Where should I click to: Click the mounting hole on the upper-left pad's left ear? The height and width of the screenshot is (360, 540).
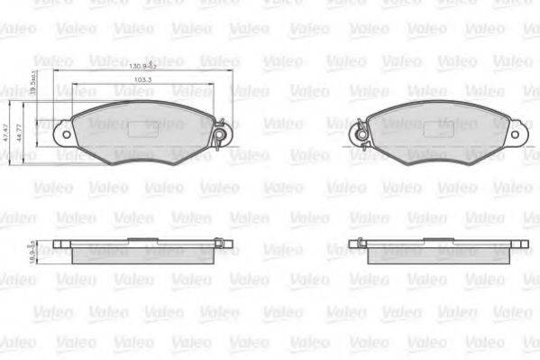coord(64,133)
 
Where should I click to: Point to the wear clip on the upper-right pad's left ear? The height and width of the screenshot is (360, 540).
coord(358,134)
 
